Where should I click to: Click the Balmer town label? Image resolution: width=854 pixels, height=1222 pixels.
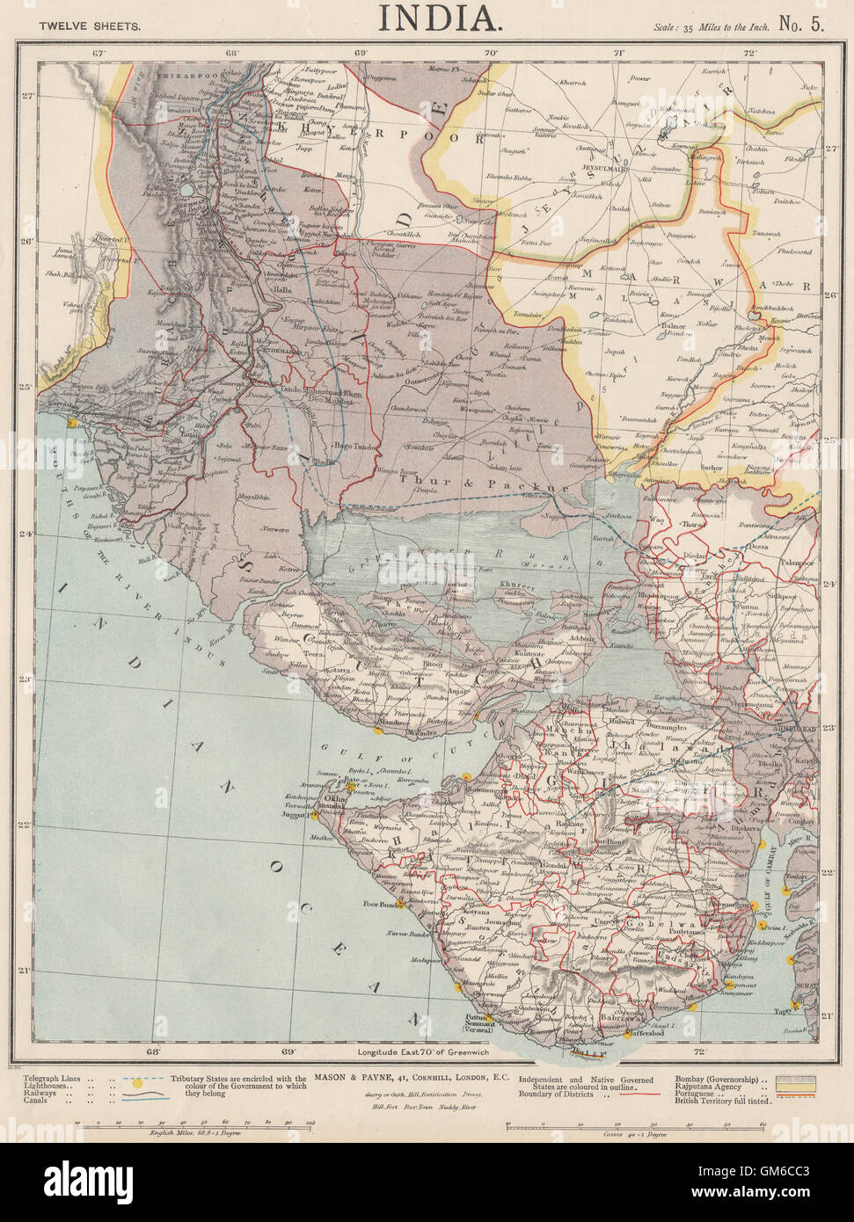(673, 328)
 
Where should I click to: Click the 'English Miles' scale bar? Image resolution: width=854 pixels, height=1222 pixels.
(193, 1124)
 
